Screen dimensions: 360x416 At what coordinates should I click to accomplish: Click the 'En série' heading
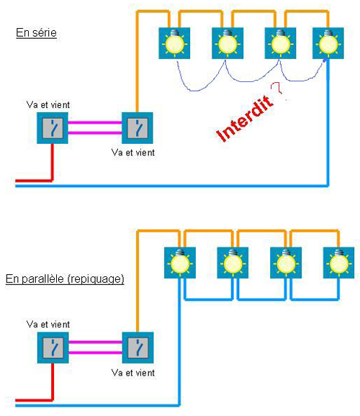point(37,33)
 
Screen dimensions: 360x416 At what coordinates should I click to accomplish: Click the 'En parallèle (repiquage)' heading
point(65,279)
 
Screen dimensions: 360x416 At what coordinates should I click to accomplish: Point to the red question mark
point(276,88)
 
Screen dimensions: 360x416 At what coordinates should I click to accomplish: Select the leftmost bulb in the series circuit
point(174,43)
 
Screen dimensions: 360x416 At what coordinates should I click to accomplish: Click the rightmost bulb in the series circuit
point(328,43)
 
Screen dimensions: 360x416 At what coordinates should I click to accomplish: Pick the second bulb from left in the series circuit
point(228,43)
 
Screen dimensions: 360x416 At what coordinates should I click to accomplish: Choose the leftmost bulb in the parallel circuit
point(180,263)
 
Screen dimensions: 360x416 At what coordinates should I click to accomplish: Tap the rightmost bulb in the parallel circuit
point(339,263)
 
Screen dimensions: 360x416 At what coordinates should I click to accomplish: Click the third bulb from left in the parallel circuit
point(286,263)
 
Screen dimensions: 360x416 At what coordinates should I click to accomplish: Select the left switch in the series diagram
point(53,128)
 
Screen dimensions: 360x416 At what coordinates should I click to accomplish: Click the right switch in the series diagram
point(138,128)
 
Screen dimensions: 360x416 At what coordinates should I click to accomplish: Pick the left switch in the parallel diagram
point(53,348)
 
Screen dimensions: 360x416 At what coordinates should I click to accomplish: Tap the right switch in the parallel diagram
point(138,348)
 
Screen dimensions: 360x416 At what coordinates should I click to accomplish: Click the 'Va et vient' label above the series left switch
point(48,105)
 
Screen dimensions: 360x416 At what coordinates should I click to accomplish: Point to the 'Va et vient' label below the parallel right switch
point(133,373)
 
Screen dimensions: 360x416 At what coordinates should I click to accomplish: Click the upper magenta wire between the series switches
point(95,122)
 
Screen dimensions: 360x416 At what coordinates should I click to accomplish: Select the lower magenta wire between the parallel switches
point(95,353)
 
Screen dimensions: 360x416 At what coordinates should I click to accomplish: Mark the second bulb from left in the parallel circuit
point(233,263)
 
